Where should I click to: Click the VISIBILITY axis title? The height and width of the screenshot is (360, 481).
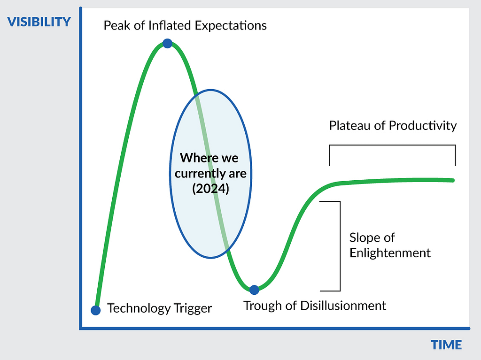[x=39, y=22]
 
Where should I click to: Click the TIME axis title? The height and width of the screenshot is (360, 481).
[x=446, y=345]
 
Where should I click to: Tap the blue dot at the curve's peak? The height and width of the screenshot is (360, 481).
[x=168, y=43]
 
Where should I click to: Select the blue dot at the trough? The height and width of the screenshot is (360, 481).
[x=254, y=290]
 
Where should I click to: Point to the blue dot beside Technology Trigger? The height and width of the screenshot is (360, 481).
[x=96, y=310]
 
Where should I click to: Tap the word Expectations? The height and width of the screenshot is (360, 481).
[x=231, y=26]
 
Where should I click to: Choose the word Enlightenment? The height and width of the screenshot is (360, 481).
[x=390, y=253]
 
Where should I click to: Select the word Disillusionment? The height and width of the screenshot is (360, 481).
[x=343, y=306]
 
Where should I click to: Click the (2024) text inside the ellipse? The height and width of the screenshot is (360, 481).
[x=211, y=189]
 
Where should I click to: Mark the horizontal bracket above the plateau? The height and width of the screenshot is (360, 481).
[x=392, y=145]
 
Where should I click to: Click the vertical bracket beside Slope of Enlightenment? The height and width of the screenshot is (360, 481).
[x=340, y=246]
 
